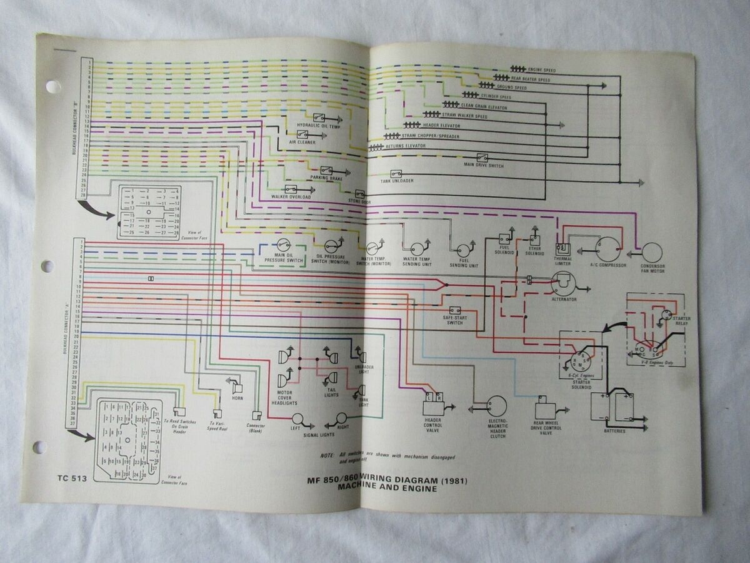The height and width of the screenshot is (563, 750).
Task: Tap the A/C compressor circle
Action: [x=607, y=248]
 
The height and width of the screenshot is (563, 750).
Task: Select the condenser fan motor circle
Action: [x=651, y=253]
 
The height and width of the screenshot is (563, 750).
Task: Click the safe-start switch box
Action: [x=455, y=311]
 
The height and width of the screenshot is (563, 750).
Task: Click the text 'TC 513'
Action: [x=70, y=479]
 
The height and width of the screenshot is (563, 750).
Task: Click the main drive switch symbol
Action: [x=482, y=158]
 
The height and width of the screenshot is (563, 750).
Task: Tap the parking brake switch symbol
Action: [x=326, y=170]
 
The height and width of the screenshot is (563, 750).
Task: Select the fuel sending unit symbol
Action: [x=463, y=250]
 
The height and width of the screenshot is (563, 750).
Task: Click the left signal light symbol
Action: [x=298, y=418]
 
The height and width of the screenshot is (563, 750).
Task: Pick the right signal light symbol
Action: [x=341, y=418]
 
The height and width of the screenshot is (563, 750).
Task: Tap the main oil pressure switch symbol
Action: [x=283, y=245]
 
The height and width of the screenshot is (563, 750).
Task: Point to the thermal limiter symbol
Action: [x=562, y=248]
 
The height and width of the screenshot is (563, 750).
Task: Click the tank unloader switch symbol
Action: [x=396, y=174]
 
